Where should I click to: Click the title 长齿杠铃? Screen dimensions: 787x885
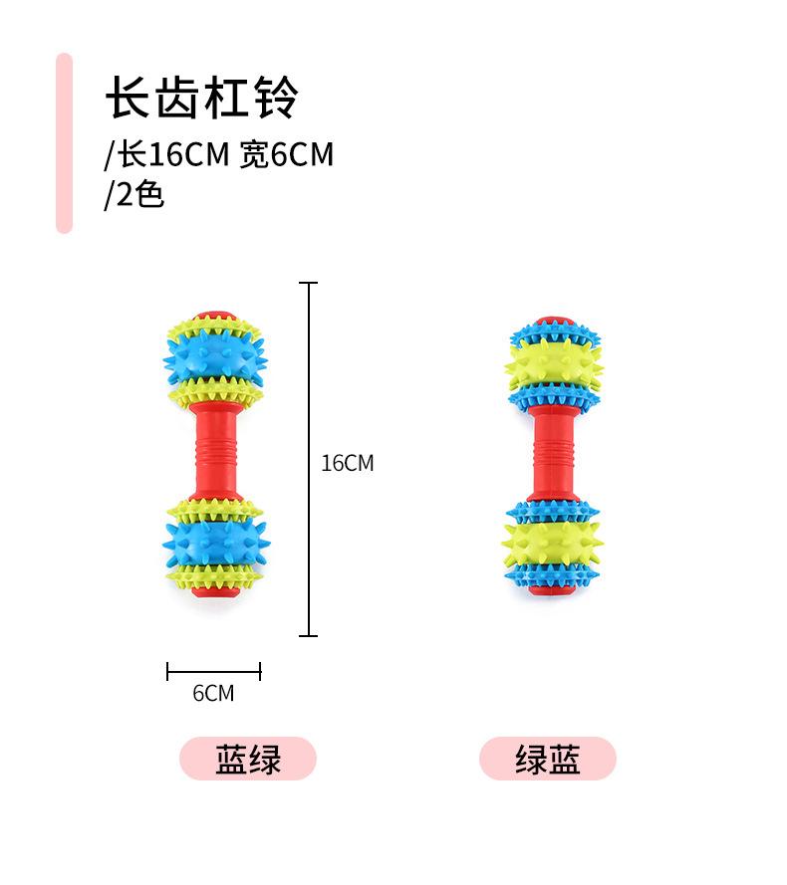point(202,101)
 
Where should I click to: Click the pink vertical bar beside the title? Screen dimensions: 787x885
point(64,142)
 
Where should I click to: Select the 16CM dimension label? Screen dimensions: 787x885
point(348,463)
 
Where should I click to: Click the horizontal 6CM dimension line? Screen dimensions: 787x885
point(213,671)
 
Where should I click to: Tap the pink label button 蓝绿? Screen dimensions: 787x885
point(248,760)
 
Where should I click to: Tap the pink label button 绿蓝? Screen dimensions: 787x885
point(548,760)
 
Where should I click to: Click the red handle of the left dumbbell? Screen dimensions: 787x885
point(214,453)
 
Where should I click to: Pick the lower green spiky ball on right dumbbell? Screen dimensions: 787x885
point(553,544)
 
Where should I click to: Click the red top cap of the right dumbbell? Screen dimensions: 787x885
point(554,322)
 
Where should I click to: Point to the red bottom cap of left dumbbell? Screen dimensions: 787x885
point(213,594)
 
